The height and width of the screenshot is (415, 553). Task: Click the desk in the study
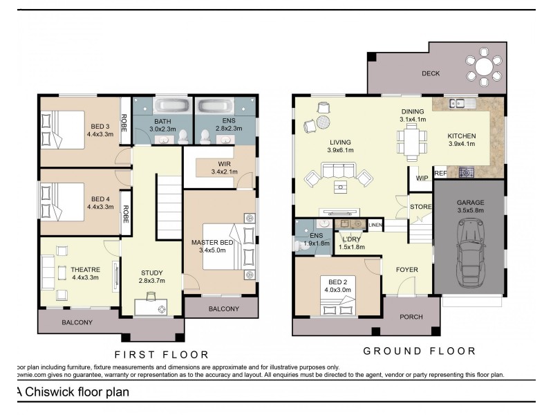(x=153, y=306)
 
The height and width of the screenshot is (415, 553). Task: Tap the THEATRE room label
(x=86, y=270)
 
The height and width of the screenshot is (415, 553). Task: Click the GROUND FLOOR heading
(x=420, y=351)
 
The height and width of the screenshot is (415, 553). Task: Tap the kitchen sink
(x=458, y=104)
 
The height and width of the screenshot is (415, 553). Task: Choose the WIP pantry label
(x=422, y=178)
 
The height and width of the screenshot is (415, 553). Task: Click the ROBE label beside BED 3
(x=124, y=123)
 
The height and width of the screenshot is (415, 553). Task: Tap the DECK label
(x=431, y=74)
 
